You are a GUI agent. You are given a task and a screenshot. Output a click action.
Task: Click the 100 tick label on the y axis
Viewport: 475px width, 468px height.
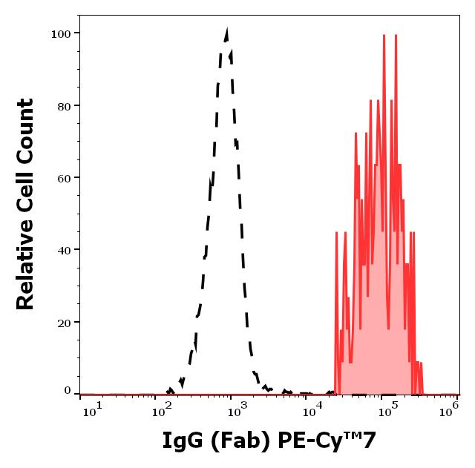pos(60,33)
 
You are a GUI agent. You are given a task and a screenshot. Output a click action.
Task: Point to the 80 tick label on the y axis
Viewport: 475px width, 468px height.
pos(63,105)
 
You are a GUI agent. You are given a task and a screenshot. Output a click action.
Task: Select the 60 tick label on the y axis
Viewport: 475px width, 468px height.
pos(63,178)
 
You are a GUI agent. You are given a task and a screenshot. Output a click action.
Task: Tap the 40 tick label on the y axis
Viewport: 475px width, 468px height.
pos(63,250)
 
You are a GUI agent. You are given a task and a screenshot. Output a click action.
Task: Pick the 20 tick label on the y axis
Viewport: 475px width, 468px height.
pos(63,323)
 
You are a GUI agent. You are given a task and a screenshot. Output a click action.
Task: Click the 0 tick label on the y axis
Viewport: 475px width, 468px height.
pos(67,391)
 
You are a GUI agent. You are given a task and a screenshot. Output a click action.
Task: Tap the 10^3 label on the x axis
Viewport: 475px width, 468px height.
pos(235,411)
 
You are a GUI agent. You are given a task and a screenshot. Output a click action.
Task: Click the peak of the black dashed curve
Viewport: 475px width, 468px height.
pos(226,31)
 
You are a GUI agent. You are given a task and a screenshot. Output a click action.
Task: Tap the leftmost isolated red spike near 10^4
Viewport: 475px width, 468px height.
pos(336,233)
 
